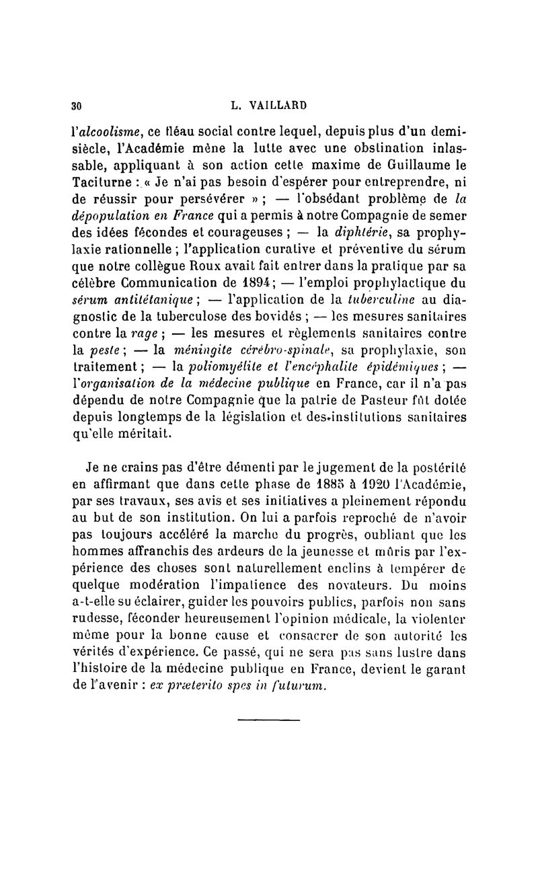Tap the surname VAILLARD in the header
pos(279,105)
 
